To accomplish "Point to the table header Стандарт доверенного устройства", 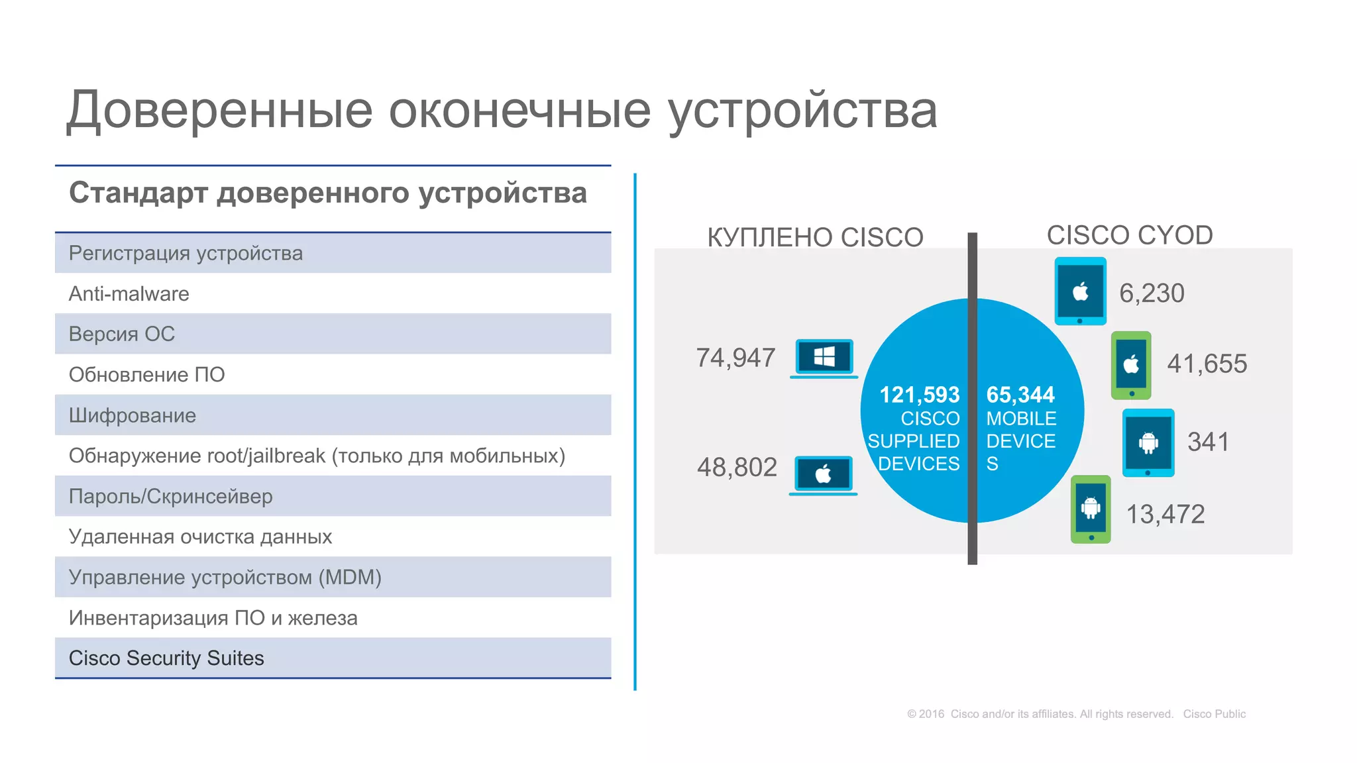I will click(328, 193).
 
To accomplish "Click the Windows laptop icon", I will click(824, 358).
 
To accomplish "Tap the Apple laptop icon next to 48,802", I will click(823, 475).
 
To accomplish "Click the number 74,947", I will click(735, 358).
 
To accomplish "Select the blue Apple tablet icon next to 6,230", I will click(1080, 291).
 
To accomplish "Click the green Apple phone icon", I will click(1131, 365).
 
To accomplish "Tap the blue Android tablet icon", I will click(1148, 442).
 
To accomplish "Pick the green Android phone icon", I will click(1091, 509).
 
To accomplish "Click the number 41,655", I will click(1207, 364).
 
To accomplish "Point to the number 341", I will click(1208, 442).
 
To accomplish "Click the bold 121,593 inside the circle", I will click(919, 395).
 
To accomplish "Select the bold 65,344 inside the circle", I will click(1020, 395).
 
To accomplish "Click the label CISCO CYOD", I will click(1129, 236).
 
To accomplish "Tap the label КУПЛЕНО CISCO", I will click(815, 238).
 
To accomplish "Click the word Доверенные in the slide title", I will click(219, 111).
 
